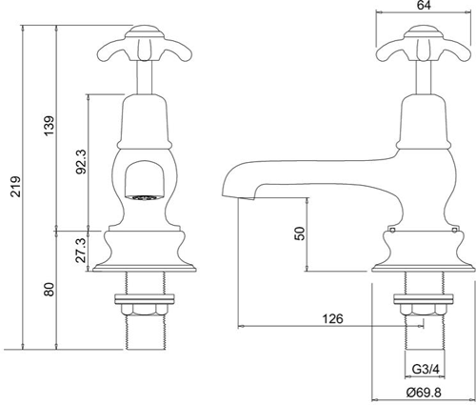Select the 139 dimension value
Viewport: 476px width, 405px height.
tap(49, 125)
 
